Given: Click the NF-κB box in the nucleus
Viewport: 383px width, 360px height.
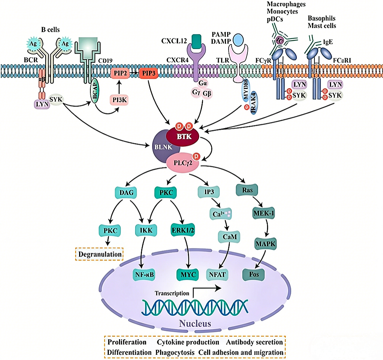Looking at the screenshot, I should click(x=144, y=274).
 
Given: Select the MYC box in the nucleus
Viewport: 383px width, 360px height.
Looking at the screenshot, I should click(x=187, y=274).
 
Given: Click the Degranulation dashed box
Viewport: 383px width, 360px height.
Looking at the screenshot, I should click(x=99, y=254).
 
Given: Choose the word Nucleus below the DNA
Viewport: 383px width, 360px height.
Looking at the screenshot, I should click(x=195, y=323).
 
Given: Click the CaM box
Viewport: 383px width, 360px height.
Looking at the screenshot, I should click(x=227, y=236).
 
